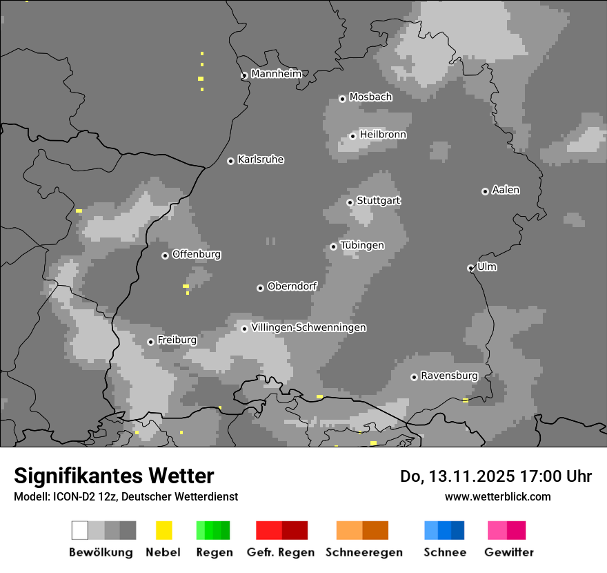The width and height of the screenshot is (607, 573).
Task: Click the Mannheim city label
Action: tap(276, 74)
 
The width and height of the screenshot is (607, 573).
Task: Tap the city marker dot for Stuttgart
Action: tap(350, 202)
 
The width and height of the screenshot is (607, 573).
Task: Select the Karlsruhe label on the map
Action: tap(260, 159)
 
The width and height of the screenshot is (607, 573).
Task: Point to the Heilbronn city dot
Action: tap(352, 136)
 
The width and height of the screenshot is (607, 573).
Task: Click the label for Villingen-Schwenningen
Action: tap(308, 327)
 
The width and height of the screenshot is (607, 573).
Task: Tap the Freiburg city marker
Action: tap(150, 342)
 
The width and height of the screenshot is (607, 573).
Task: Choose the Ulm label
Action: tap(486, 266)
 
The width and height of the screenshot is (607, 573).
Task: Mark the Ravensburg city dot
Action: tap(414, 377)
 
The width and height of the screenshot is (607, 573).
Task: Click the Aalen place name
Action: tap(506, 190)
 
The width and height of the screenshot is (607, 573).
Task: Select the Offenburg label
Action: tap(196, 254)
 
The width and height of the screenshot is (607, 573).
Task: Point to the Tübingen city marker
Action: tap(333, 246)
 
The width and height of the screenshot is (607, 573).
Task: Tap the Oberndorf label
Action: tap(292, 286)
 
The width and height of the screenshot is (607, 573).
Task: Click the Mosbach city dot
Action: tap(342, 99)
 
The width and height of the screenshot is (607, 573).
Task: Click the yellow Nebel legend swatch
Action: tap(163, 530)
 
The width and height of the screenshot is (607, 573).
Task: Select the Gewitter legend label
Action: tap(509, 552)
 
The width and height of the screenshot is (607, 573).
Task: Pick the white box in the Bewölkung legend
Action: tap(80, 530)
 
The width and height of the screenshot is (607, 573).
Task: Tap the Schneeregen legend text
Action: tap(364, 552)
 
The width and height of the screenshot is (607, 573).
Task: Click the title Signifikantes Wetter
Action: tap(114, 476)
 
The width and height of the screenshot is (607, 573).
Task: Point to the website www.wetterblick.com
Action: tap(497, 496)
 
